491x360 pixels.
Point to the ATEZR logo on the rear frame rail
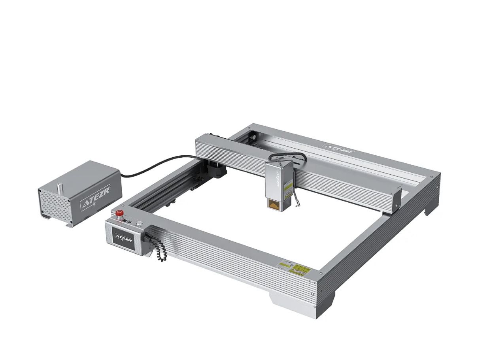(x=338, y=148)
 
